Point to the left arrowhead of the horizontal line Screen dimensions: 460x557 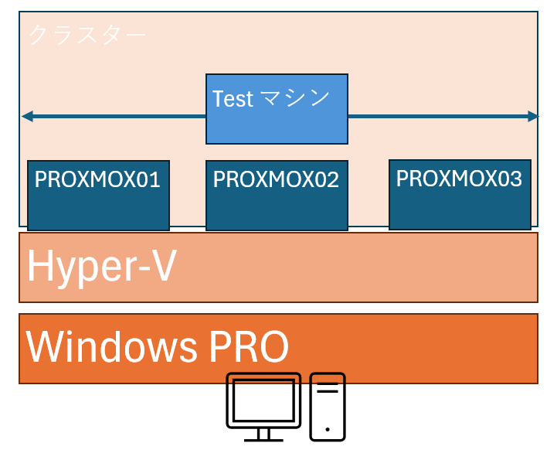point(26,117)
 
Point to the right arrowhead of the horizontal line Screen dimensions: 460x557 point(533,117)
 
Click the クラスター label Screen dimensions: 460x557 point(87,35)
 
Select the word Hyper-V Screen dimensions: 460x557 point(101,267)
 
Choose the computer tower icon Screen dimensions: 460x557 point(328,407)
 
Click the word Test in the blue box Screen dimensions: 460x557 point(233,99)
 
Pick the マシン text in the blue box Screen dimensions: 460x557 point(294,98)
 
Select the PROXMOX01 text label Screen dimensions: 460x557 point(97,180)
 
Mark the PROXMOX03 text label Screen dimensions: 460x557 point(459,179)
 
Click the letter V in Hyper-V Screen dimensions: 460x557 point(161,267)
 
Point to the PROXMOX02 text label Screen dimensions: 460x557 point(276,180)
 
